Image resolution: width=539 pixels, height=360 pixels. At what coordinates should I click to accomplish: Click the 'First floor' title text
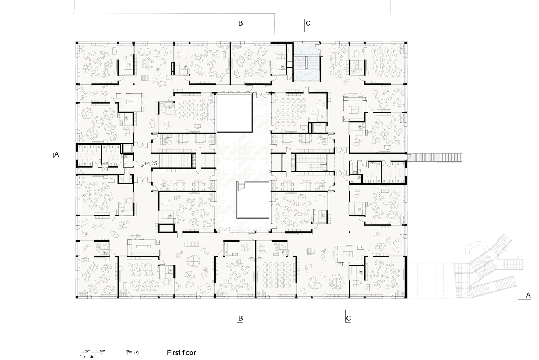[x=181, y=352]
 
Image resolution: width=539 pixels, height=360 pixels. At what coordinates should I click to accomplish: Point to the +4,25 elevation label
[x=150, y=163]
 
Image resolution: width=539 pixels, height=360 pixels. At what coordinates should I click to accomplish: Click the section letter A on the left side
[x=57, y=154]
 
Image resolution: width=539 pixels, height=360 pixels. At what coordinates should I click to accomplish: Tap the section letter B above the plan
[x=240, y=23]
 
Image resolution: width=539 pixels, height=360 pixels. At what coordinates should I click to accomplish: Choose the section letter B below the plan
[x=240, y=318]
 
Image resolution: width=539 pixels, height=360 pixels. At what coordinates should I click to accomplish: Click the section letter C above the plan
[x=308, y=23]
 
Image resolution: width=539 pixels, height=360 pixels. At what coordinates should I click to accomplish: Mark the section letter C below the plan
[x=348, y=318]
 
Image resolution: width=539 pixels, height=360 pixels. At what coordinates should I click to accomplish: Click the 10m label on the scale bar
[x=128, y=351]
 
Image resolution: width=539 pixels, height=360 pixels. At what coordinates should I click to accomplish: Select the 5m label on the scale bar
[x=103, y=351]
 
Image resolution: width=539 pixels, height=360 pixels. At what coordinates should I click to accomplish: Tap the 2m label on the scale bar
[x=87, y=351]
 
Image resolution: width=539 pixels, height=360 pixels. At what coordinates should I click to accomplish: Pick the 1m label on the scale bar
[x=82, y=357]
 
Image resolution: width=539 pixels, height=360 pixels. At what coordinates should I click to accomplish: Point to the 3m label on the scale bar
[x=92, y=357]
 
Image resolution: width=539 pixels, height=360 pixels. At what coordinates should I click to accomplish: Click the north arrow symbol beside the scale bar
[x=136, y=353]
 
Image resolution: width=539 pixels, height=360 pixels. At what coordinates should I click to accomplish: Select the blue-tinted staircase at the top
[x=307, y=62]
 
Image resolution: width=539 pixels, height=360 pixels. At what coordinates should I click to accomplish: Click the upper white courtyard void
[x=234, y=113]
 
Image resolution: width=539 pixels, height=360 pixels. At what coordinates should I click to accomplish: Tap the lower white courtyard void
[x=253, y=200]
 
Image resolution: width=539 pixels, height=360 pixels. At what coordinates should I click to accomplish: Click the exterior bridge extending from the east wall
[x=435, y=157]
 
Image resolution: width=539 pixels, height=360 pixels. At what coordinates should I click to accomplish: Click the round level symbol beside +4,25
[x=142, y=166]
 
